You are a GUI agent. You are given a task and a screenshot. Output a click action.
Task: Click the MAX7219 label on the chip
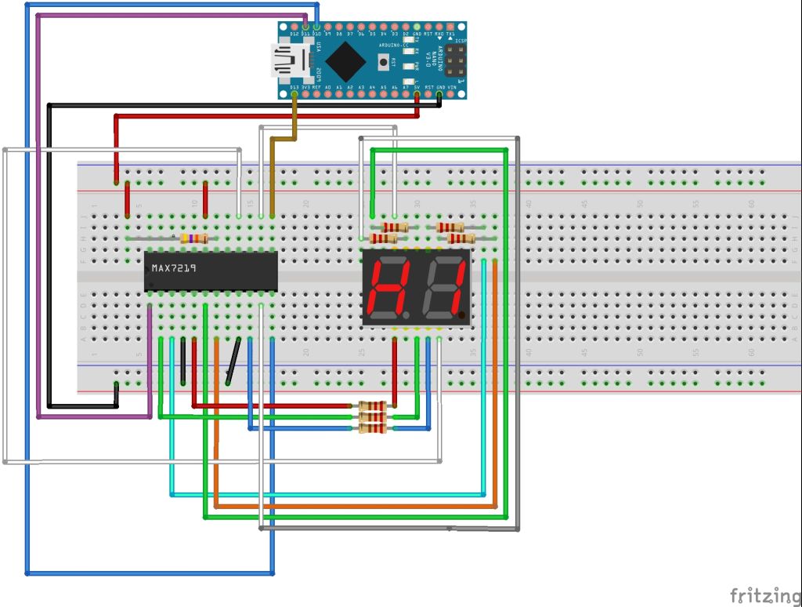click(x=175, y=268)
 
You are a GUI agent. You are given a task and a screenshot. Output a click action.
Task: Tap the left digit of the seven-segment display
click(x=388, y=286)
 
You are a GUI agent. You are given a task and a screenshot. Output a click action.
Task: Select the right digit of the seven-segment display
click(x=442, y=286)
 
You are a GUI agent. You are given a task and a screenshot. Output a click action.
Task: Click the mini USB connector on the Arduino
click(x=287, y=61)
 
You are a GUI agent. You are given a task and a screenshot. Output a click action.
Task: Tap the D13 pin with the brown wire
click(x=294, y=95)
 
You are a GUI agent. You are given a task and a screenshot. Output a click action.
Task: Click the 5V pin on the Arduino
click(x=417, y=95)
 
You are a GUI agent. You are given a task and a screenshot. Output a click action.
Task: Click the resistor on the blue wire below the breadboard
click(x=372, y=428)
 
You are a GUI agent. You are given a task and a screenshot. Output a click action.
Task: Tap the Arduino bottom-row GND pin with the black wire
click(x=439, y=95)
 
